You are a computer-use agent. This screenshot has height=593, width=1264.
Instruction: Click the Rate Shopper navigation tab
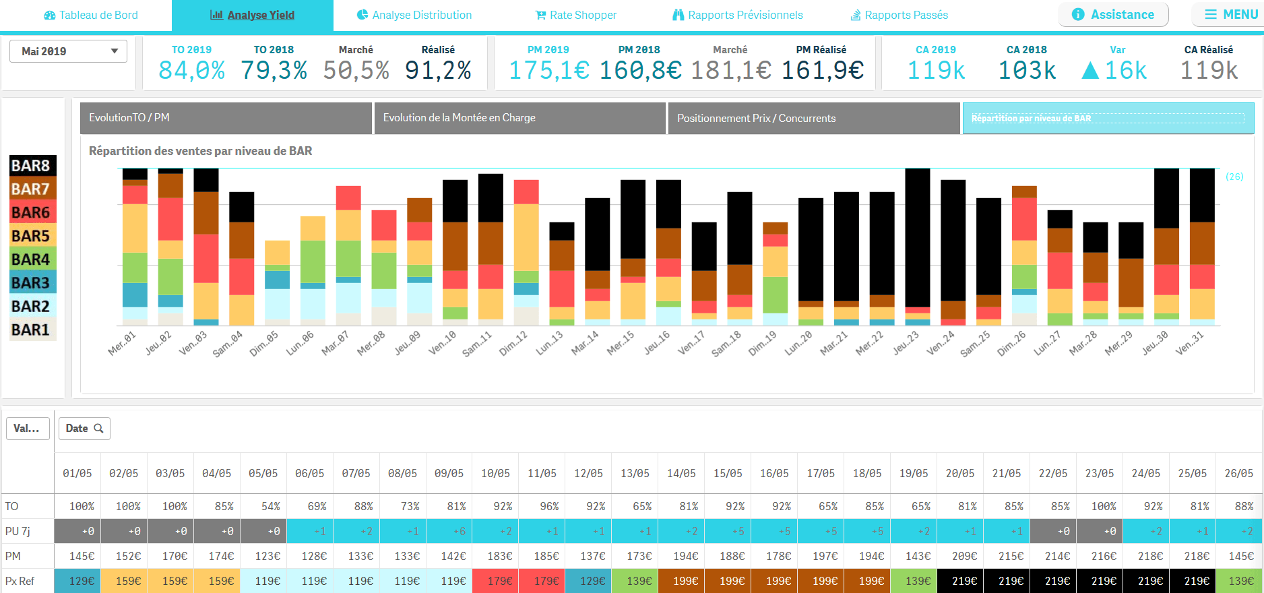[576, 15]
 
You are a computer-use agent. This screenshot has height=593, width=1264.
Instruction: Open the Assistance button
[1113, 14]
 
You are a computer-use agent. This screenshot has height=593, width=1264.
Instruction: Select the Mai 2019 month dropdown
[68, 51]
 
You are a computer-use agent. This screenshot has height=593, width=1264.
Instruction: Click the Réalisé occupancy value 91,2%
[438, 70]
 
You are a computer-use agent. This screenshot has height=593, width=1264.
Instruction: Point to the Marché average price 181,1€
[730, 70]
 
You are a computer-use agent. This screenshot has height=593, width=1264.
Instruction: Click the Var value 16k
[1114, 70]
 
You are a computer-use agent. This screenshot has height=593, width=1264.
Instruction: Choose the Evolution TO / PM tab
[226, 118]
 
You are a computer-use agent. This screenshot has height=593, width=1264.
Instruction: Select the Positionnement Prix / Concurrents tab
[813, 118]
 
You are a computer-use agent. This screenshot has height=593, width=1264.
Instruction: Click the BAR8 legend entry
[31, 166]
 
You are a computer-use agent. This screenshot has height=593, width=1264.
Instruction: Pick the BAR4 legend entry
[31, 259]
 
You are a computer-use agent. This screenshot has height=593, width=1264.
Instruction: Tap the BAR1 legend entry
[31, 330]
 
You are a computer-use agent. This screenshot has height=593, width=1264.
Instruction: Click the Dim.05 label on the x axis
[263, 344]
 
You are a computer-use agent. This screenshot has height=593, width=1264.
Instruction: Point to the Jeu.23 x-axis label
[906, 343]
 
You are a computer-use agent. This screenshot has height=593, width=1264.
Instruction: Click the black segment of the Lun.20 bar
[811, 249]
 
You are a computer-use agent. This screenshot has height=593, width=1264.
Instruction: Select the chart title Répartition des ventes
[200, 151]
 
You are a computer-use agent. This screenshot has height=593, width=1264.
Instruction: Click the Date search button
[84, 429]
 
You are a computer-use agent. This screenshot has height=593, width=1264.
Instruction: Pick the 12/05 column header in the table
[588, 474]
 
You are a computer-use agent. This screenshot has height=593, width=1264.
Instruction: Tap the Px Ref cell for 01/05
[78, 581]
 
